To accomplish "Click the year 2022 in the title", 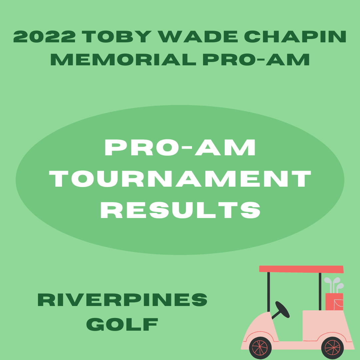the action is (44, 37).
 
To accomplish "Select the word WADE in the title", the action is (197, 37).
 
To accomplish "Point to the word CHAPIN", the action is (295, 37).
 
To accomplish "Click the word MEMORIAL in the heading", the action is (123, 59).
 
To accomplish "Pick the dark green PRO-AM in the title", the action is (256, 59).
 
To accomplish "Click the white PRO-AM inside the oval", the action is (180, 147).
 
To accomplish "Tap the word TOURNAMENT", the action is (180, 179).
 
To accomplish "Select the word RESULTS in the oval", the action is (180, 210).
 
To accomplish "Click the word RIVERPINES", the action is (122, 300).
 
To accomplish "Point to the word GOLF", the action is (122, 324).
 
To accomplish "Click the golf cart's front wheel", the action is (260, 348).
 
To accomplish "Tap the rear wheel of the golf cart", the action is (332, 348).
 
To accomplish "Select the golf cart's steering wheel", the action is (282, 309).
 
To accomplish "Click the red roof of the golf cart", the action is (301, 269).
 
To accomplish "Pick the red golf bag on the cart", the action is (334, 302).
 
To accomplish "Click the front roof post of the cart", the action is (269, 292).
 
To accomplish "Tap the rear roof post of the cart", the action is (320, 291).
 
